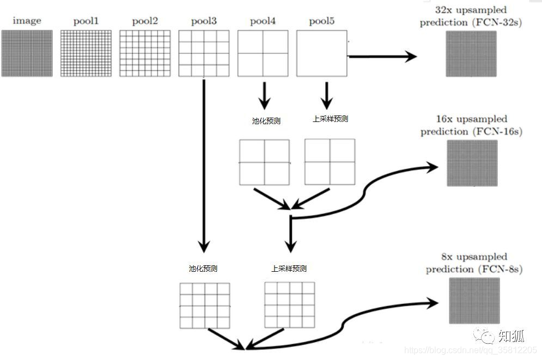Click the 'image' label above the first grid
tap(27, 21)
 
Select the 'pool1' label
tap(86, 21)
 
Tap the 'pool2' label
tap(144, 21)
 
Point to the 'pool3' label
tap(204, 21)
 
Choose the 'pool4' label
tap(263, 21)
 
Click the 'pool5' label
tap(321, 21)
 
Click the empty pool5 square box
tap(322, 53)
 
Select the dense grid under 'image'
tap(27, 53)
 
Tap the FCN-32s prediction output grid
tap(471, 53)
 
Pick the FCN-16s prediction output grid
tap(472, 163)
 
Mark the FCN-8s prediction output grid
tap(474, 301)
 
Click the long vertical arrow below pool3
tap(203, 163)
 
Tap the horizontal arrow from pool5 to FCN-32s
tap(381, 56)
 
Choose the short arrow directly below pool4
tap(264, 95)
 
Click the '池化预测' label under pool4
tap(266, 121)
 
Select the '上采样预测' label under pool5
tap(330, 119)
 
